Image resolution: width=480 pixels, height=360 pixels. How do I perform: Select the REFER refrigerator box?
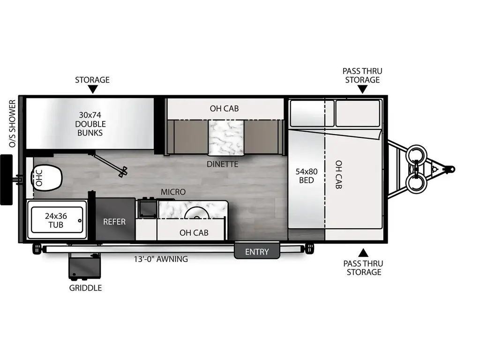(114, 221)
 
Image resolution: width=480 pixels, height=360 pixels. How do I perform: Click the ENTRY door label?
(257, 252)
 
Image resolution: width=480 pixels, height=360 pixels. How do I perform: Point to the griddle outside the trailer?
(84, 267)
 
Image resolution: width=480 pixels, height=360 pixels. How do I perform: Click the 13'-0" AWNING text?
(161, 259)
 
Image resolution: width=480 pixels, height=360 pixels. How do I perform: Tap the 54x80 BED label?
(304, 175)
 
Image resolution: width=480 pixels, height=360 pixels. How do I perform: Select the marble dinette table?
(226, 137)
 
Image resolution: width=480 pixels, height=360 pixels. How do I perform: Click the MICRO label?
(173, 192)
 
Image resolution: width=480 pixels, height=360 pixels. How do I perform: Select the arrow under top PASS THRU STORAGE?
(362, 90)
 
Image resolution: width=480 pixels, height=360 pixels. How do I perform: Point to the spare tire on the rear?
(6, 180)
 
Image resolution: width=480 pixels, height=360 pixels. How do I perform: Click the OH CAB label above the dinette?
(224, 109)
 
